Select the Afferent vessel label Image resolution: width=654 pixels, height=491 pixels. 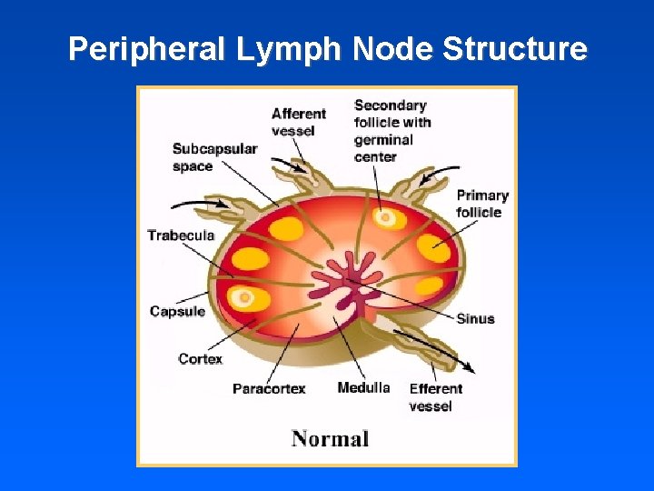pyautogui.click(x=298, y=122)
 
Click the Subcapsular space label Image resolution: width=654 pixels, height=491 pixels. pyautogui.click(x=214, y=157)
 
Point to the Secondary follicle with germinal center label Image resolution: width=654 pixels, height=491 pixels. pyautogui.click(x=392, y=131)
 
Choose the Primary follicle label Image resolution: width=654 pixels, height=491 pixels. pyautogui.click(x=481, y=204)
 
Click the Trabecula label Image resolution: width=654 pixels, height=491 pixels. pyautogui.click(x=181, y=235)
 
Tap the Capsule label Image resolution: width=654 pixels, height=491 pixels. pyautogui.click(x=177, y=312)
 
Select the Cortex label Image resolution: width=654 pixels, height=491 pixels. pyautogui.click(x=200, y=359)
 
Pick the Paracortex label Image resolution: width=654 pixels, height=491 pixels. pyautogui.click(x=269, y=389)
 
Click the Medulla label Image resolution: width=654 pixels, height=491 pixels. pyautogui.click(x=363, y=388)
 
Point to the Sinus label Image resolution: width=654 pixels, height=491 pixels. pyautogui.click(x=475, y=318)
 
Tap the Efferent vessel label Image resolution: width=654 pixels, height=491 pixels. pyautogui.click(x=435, y=397)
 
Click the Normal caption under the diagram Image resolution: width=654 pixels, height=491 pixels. pyautogui.click(x=330, y=439)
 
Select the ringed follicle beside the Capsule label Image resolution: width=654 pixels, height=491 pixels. pyautogui.click(x=242, y=297)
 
